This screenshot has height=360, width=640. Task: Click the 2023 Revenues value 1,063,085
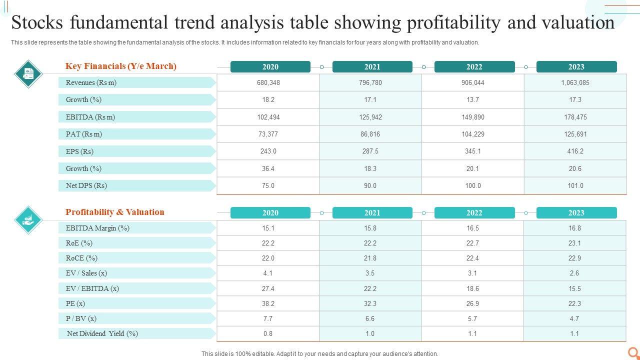coord(575,83)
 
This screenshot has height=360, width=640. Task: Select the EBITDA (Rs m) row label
coord(90,117)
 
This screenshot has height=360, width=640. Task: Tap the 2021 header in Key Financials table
coord(372,67)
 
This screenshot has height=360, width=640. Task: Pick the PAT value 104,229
coord(472,134)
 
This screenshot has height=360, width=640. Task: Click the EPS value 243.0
coord(268,151)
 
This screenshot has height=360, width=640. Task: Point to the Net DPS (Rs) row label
coord(86,185)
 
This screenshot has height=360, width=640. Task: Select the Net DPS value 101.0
coord(575,186)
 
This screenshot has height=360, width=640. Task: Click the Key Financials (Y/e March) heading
coord(121,66)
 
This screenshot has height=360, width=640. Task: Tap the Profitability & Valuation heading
coord(115,212)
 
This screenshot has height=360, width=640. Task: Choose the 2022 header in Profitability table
coord(474,213)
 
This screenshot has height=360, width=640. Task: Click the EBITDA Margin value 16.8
coord(575,228)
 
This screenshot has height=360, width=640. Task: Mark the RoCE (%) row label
coord(81,258)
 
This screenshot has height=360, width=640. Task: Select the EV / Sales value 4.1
coord(268,273)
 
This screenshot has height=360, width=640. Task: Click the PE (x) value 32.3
coord(370,303)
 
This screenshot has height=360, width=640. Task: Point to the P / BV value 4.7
coord(574,318)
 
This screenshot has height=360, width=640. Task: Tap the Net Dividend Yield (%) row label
coord(102,333)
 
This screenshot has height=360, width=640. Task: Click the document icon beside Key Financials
coord(28,73)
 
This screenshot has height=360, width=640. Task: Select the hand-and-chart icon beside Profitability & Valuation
coord(28,219)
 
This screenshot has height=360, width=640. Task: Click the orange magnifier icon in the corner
coord(633,352)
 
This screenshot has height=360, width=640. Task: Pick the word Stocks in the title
coord(37,23)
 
